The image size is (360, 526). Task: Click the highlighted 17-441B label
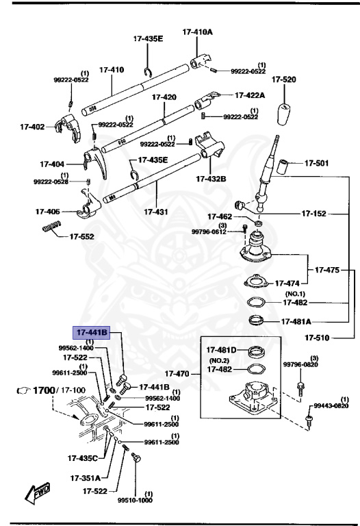coord(92,333)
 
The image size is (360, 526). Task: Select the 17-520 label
coord(283,79)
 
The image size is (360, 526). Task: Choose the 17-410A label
coord(197,32)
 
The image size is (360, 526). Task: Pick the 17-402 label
coord(32,126)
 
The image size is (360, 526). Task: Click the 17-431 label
coord(156,212)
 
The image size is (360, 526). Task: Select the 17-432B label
coord(211,179)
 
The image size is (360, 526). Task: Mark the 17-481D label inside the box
coord(222,350)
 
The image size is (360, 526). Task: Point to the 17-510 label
coord(318,338)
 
